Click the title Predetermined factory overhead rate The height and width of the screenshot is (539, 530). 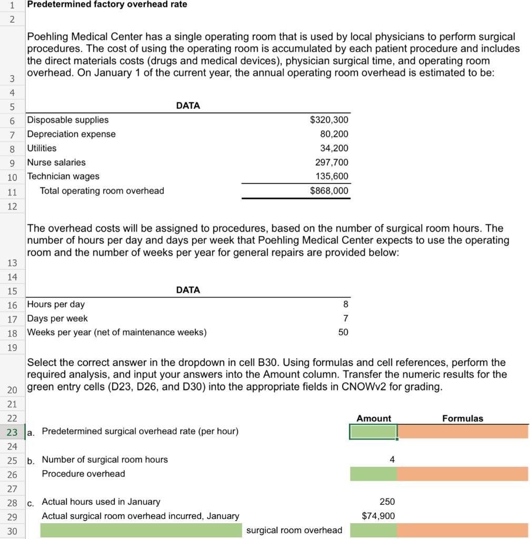[x=107, y=5]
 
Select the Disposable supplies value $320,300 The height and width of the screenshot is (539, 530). [x=329, y=120]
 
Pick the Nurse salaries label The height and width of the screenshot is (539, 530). [x=56, y=163]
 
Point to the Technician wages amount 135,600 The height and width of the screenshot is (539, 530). [x=331, y=176]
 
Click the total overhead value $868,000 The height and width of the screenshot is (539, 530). [x=329, y=191]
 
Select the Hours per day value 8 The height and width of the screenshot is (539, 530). [x=345, y=304]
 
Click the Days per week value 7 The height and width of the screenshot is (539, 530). [x=345, y=318]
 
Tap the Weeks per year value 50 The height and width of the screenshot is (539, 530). [x=343, y=333]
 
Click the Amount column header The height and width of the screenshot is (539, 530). [x=374, y=418]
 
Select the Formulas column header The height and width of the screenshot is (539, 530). [x=462, y=418]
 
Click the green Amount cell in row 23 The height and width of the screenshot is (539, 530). [x=373, y=432]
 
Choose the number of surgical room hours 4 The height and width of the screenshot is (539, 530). [x=392, y=460]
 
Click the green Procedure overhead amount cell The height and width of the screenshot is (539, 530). [x=373, y=474]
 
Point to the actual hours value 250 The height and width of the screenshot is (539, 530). [x=387, y=502]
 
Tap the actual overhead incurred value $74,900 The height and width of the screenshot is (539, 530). [x=378, y=516]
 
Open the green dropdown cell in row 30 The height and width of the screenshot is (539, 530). [x=141, y=531]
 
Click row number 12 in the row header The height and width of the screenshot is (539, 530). [x=13, y=206]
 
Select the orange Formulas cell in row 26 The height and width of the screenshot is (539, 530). [x=462, y=474]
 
